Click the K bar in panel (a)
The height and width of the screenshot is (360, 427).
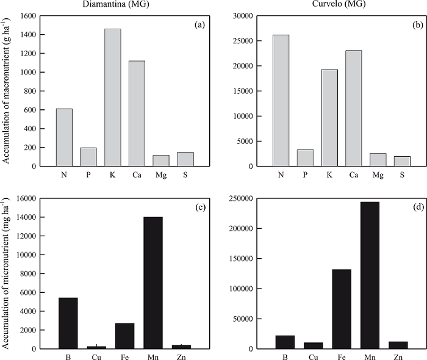click(112, 98)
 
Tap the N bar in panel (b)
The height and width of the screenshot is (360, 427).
click(281, 101)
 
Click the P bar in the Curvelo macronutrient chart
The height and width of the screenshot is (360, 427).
click(305, 157)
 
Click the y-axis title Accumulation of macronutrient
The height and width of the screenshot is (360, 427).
click(7, 92)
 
